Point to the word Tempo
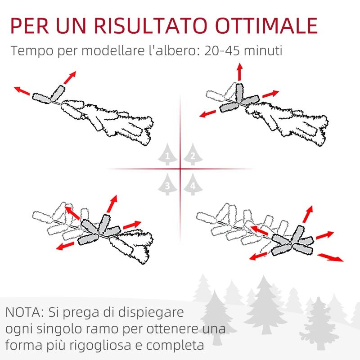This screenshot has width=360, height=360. pyautogui.click(x=31, y=51)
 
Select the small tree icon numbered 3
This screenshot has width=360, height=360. pyautogui.click(x=167, y=184)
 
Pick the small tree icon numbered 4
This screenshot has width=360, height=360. pyautogui.click(x=193, y=184)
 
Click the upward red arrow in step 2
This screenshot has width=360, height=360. pyautogui.click(x=239, y=72)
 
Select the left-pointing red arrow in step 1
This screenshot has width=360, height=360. pyautogui.click(x=22, y=90)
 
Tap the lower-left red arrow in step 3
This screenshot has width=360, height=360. pyautogui.click(x=66, y=245)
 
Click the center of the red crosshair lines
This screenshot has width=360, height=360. pyautogui.click(x=180, y=170)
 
